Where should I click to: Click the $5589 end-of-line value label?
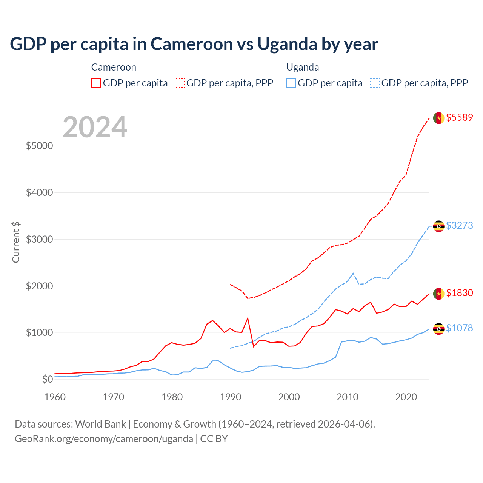click(x=459, y=117)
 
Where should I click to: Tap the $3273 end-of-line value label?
click(x=459, y=225)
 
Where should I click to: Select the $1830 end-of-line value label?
click(x=459, y=293)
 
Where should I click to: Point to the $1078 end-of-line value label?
click(x=459, y=328)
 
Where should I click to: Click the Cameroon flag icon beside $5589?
click(x=438, y=118)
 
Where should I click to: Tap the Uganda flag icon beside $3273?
click(x=438, y=226)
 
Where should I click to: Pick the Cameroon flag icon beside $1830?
click(x=438, y=294)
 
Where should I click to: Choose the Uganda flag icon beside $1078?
click(x=438, y=329)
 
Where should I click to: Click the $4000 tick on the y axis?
click(x=39, y=193)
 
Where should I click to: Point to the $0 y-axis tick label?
click(x=47, y=379)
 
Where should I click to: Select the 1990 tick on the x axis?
click(x=231, y=397)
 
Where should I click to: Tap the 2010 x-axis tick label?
click(x=348, y=397)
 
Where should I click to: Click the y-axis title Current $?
click(x=16, y=242)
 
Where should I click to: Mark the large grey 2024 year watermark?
click(x=95, y=127)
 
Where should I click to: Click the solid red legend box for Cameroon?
click(x=96, y=83)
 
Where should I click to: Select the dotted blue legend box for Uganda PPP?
click(x=375, y=83)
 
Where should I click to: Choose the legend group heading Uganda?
click(x=303, y=67)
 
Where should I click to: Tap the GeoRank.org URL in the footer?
click(x=104, y=439)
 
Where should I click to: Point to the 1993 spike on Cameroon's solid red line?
click(x=248, y=318)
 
